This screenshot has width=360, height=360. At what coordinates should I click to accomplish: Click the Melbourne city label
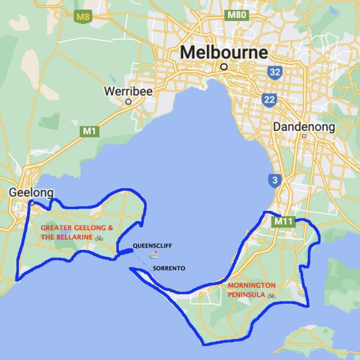(224, 52)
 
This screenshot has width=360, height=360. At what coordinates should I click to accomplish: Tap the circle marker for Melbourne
(224, 67)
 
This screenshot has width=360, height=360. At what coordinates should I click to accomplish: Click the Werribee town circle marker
(128, 101)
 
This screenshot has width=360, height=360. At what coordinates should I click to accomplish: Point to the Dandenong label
(304, 127)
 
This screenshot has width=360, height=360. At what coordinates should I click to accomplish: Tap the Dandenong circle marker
(304, 136)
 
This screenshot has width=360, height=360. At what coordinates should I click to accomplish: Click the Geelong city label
(31, 193)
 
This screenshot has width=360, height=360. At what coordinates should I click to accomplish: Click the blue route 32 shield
(275, 72)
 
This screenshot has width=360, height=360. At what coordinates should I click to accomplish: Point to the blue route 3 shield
(274, 180)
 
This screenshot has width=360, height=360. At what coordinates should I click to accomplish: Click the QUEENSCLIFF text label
(149, 246)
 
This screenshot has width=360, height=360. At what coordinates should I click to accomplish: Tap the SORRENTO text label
(169, 269)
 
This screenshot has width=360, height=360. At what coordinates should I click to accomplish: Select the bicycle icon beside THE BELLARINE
(99, 238)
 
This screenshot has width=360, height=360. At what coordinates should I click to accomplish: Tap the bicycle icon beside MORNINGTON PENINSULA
(271, 296)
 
